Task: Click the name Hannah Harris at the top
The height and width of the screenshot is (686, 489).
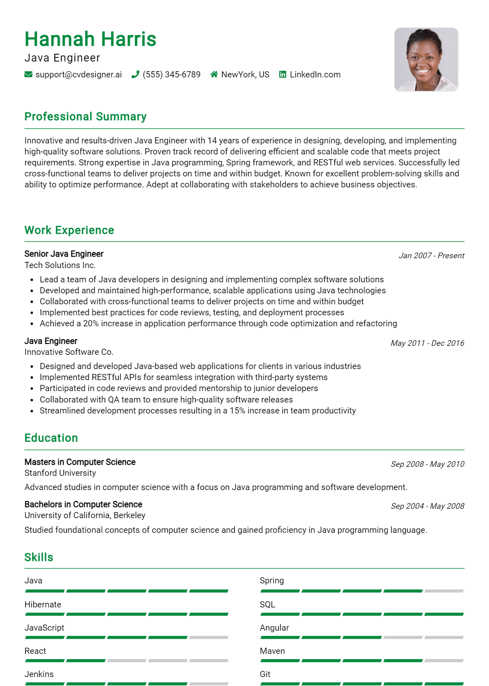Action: [x=90, y=39]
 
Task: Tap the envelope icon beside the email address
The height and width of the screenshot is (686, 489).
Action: [x=29, y=75]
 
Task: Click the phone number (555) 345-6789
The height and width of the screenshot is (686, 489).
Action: [x=171, y=75]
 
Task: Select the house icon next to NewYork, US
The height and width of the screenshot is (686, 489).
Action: [x=214, y=75]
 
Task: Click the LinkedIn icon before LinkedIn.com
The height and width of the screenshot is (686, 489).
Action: [x=282, y=75]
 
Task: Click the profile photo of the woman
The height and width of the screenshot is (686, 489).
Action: [x=426, y=59]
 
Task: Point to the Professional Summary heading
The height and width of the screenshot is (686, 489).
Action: [x=85, y=117]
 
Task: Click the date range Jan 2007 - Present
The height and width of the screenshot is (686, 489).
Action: [x=431, y=256]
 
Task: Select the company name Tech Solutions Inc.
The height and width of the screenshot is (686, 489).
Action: [x=60, y=265]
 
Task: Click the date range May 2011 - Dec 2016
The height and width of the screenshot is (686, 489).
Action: [x=427, y=343]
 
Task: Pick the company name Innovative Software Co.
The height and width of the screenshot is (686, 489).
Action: [x=69, y=352]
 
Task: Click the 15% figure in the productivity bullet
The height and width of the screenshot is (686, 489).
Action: [x=237, y=411]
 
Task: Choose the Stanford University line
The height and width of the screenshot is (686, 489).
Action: [x=60, y=473]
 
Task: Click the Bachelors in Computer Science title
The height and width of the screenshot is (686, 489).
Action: [x=83, y=504]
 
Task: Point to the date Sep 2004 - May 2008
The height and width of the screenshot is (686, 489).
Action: [x=427, y=506]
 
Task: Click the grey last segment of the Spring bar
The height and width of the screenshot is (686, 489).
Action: [x=444, y=591]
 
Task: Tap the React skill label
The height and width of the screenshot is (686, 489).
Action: [x=35, y=651]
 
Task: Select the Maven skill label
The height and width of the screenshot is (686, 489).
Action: [x=272, y=651]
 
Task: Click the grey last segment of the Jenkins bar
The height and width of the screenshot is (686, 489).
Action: [x=209, y=684]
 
